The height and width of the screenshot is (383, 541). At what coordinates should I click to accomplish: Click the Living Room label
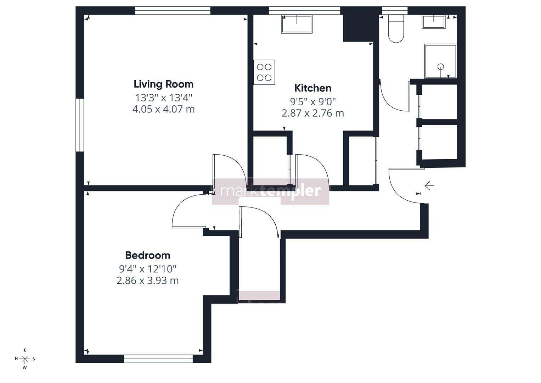164,84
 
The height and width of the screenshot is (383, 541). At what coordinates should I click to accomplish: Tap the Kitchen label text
313,88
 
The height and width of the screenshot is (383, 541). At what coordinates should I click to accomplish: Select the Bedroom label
148,255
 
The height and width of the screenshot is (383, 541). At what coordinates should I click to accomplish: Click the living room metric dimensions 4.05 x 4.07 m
164,109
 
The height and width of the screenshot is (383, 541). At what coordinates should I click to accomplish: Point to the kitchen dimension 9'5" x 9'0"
313,102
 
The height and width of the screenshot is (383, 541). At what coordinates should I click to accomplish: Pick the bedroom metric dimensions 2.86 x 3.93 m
148,281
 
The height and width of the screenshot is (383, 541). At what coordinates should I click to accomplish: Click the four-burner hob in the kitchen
264,72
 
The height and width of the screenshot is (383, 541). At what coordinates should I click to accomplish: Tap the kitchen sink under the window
297,24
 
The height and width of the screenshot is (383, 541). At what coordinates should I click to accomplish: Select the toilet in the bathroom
396,29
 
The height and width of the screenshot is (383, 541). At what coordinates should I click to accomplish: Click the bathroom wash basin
434,22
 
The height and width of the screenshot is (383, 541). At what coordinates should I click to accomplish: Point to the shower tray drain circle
441,67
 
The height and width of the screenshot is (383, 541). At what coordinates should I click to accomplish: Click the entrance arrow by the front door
429,186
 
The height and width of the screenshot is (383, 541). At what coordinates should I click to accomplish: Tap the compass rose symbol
25,359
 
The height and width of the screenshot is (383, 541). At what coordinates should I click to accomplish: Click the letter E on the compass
25,350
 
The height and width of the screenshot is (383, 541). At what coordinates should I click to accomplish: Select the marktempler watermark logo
271,191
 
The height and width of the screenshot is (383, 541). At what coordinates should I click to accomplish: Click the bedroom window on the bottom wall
158,359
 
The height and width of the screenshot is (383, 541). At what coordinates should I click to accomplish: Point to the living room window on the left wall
80,125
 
